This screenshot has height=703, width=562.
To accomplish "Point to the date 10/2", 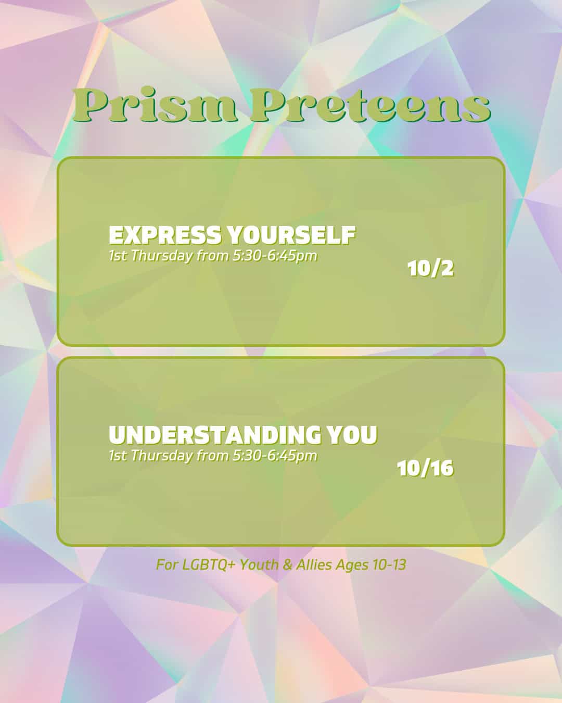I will click(x=430, y=269).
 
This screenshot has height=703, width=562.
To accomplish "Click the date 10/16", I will click(x=425, y=469).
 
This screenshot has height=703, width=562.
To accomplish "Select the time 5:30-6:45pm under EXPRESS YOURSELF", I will click(x=274, y=256).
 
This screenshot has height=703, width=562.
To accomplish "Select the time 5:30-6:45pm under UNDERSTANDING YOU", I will click(x=274, y=456).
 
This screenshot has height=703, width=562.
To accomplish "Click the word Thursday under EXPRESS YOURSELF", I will click(x=162, y=256).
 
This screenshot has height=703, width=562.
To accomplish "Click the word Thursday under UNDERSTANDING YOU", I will click(x=162, y=456).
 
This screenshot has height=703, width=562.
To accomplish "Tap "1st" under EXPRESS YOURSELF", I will click(x=118, y=256).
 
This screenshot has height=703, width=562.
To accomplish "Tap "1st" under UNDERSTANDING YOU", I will click(x=118, y=456).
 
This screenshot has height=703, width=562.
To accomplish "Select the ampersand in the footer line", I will click(x=287, y=564).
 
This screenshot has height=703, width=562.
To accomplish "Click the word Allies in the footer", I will click(x=314, y=564).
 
